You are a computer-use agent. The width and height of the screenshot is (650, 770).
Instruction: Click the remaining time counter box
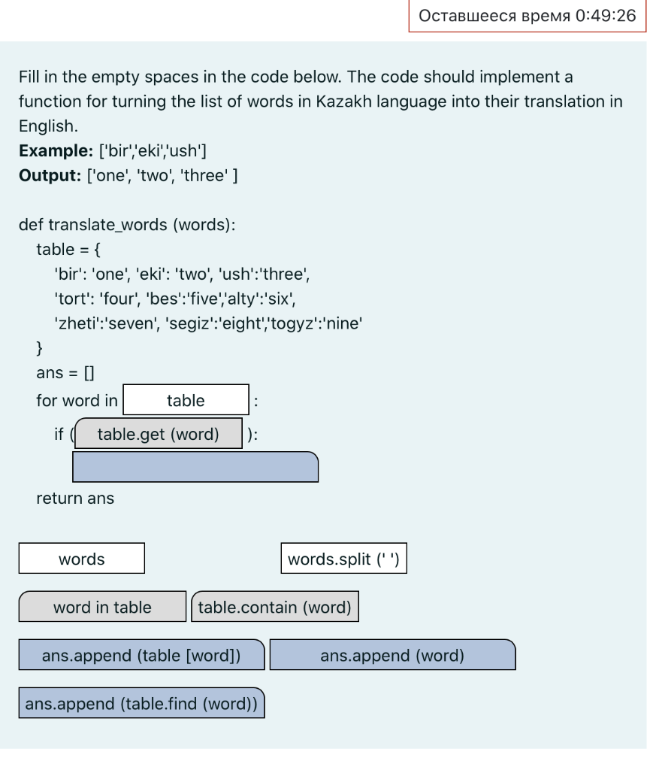coord(527,16)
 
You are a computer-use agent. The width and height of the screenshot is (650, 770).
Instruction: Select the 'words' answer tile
coord(82,559)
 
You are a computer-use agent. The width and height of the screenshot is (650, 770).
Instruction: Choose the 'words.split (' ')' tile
coord(343,559)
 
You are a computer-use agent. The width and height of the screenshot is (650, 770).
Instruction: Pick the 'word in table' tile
coord(102,607)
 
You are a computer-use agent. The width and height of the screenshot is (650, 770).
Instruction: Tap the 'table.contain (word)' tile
coord(275,607)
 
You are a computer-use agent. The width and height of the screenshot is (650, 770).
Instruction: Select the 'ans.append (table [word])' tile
coord(141,655)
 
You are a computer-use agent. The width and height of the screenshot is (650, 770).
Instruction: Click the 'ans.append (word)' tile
coord(392,655)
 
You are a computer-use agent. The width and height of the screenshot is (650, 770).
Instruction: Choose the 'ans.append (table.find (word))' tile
coord(141,703)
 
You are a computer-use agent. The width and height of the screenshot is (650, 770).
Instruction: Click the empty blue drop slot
coord(195,467)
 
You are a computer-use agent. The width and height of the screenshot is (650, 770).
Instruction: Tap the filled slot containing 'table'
coord(186,400)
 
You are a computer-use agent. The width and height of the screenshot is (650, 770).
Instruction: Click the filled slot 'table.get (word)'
coord(159,434)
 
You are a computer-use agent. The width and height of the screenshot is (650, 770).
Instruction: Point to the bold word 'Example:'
coord(56,150)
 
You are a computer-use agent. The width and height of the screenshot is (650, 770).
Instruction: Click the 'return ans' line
coord(75,498)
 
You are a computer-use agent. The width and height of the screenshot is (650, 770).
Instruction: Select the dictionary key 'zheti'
coord(75,323)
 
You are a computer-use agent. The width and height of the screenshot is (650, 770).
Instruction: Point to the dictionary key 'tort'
coord(71,299)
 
